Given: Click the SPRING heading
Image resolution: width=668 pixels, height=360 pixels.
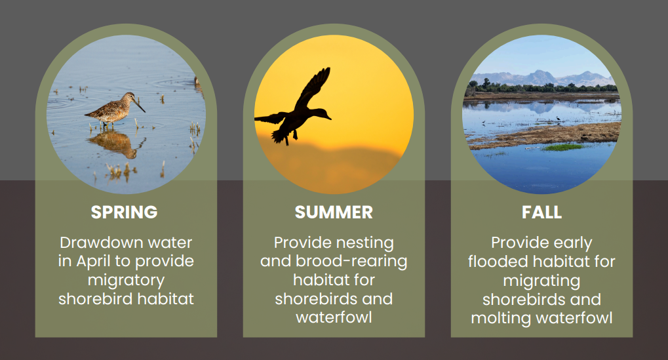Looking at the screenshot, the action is (124, 212).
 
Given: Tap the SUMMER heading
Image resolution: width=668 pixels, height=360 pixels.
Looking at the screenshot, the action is (334, 212).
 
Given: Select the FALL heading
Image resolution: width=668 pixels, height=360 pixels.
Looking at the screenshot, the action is (542, 212).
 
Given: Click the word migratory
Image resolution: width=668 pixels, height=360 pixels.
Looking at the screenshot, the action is (126, 281).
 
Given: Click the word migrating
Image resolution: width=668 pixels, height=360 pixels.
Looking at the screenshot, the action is (541, 281).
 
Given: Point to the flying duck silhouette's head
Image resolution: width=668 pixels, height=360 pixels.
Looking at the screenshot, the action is (323, 113).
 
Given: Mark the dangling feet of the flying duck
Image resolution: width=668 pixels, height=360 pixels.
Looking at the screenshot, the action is (290, 136).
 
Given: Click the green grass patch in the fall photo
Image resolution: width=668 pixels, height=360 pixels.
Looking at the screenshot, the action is (562, 148).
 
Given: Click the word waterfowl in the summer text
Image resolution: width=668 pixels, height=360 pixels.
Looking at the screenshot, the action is (334, 317).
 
